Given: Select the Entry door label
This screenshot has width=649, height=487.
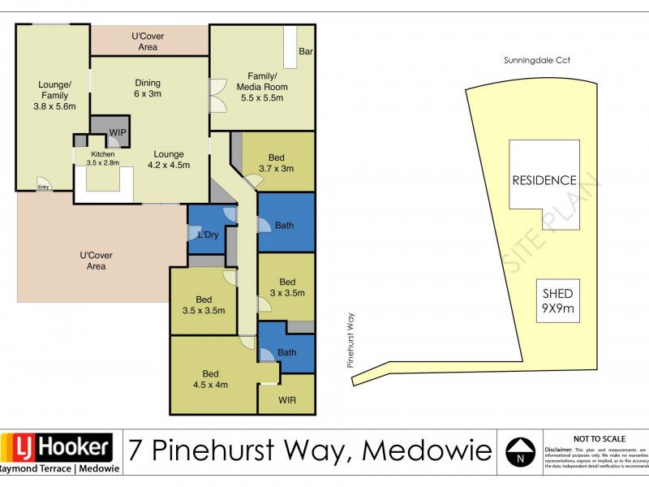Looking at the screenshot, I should (43, 187).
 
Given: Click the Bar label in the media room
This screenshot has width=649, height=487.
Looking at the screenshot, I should (306, 52).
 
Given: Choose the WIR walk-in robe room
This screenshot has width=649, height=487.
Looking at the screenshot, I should (286, 399).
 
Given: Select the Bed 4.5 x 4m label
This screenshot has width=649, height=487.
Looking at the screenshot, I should (211, 379).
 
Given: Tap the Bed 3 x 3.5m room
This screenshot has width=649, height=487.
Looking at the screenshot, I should (286, 287).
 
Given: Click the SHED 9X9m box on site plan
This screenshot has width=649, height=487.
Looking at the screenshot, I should (558, 300).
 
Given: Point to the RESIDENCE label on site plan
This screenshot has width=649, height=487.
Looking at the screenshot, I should (544, 180).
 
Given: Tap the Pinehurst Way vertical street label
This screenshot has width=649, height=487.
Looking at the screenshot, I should (351, 342).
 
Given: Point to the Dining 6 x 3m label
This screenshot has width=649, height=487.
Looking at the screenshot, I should (148, 88).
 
